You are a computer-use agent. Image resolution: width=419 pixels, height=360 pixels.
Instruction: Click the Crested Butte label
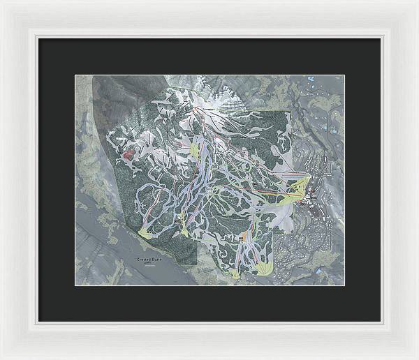(x=147, y=260)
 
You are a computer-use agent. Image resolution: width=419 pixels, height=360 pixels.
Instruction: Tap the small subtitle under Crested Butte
(x=147, y=264)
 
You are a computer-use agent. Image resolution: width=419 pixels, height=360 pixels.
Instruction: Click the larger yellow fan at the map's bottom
(x=264, y=267)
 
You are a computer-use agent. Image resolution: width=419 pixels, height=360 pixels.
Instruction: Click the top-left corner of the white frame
(x=2, y=2)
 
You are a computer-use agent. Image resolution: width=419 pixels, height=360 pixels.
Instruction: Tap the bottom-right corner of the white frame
(x=416, y=357)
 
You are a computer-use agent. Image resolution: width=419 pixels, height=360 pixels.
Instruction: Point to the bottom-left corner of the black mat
(x=38, y=321)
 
